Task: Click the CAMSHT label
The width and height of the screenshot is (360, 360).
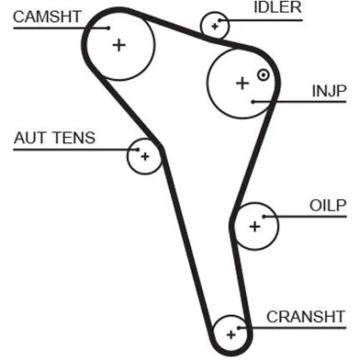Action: pos(47,17)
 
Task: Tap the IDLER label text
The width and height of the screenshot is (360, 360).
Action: pos(277,7)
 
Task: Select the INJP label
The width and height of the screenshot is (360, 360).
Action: pos(329,91)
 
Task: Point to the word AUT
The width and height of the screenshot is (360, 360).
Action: pos(30,138)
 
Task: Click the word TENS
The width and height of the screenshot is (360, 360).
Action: pos(74,138)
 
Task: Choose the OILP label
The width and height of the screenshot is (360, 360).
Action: pos(328,205)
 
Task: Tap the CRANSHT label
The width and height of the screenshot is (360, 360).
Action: pos(306,317)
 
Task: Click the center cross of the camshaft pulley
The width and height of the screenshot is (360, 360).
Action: pos(119,45)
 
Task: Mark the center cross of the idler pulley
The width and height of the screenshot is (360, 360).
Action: pos(214,26)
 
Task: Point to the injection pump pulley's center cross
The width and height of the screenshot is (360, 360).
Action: pos(242,83)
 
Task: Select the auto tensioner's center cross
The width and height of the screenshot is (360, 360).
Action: pos(145,157)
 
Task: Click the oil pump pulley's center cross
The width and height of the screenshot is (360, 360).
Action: pos(255,227)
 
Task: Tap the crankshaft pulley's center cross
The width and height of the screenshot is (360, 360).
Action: pos(230,335)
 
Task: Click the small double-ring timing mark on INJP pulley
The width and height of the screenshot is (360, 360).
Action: pos(263,75)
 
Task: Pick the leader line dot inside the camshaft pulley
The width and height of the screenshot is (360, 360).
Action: pos(109,28)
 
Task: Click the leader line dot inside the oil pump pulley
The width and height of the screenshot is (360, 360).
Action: pos(264,216)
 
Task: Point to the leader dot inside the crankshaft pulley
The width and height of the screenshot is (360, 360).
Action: pos(238,328)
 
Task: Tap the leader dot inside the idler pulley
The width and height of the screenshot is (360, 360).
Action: pos(220,21)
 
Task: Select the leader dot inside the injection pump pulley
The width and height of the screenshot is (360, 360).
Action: pos(253,102)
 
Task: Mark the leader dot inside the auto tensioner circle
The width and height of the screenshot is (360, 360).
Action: pos(138,149)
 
